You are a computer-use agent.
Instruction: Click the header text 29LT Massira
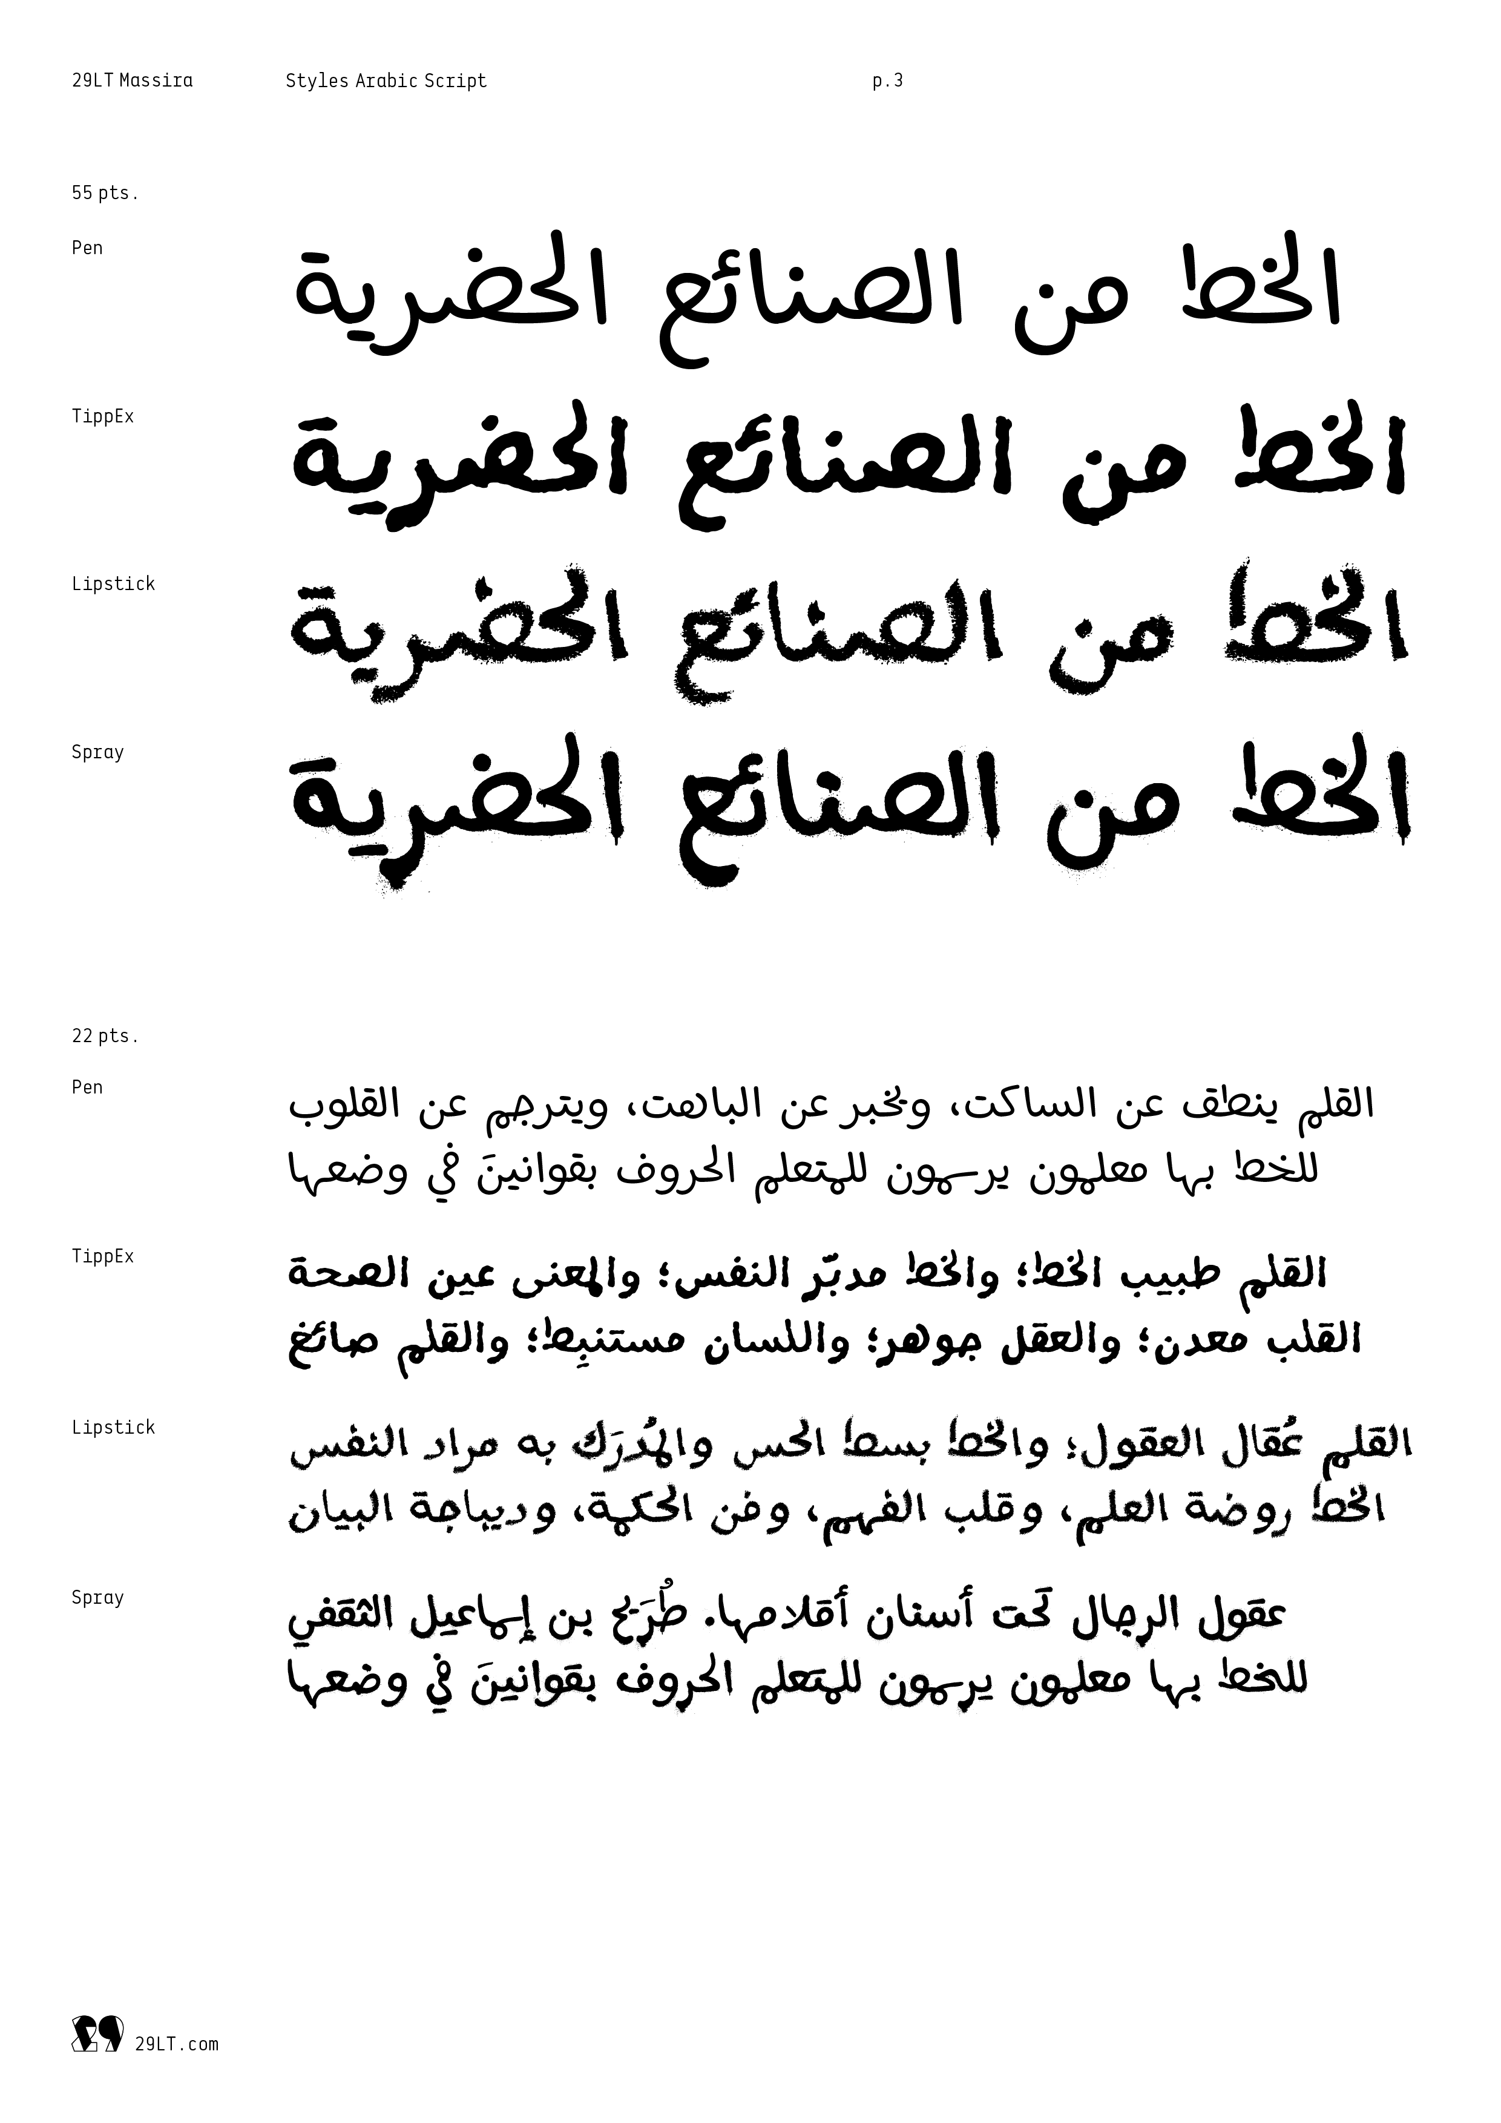(133, 81)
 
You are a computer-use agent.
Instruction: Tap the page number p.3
(887, 81)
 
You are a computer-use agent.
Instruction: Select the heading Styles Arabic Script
(386, 81)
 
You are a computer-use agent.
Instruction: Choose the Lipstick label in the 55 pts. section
(113, 585)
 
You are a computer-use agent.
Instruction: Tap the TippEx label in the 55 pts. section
(103, 417)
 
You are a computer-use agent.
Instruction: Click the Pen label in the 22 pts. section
(87, 1088)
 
